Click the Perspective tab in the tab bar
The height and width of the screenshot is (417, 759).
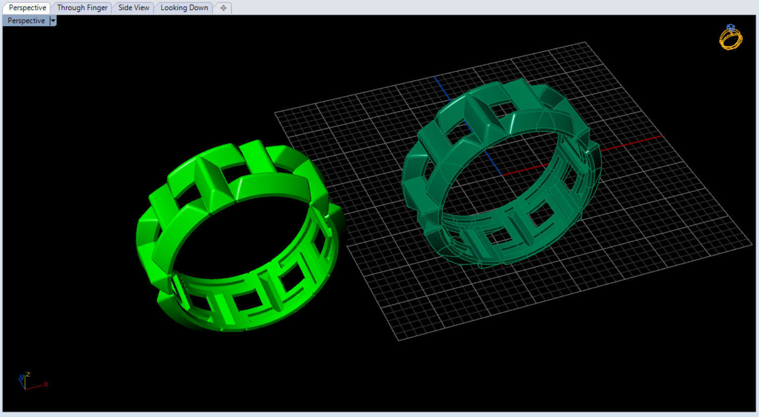click(27, 8)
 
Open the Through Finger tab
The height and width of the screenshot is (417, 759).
click(82, 8)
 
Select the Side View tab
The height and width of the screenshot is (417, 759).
click(134, 8)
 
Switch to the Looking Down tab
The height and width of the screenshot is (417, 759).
click(184, 8)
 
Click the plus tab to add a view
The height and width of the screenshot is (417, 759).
click(223, 8)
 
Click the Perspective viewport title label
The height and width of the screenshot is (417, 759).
click(26, 21)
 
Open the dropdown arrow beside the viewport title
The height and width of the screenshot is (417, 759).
click(53, 21)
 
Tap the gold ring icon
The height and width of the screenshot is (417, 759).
click(731, 39)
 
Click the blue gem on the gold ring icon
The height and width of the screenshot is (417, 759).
click(730, 28)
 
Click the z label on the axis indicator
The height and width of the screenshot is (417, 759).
click(29, 374)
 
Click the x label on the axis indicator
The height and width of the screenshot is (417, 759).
click(46, 384)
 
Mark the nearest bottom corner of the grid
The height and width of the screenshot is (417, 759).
click(399, 341)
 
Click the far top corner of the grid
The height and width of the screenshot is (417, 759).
click(586, 43)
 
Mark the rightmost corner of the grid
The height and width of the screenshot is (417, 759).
click(752, 243)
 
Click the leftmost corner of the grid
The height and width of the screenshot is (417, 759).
click(275, 113)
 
